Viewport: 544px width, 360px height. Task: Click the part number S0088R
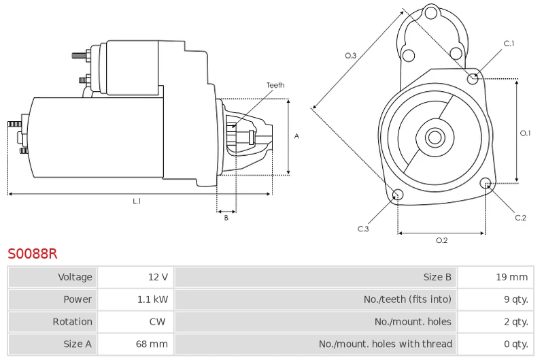pos(33,254)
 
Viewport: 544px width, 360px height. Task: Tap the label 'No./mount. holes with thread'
pos(385,344)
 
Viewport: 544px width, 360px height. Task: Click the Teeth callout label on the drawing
pos(275,85)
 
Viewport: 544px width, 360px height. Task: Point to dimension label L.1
pos(137,201)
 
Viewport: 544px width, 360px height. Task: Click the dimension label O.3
pos(351,56)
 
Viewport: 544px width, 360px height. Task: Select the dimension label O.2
pos(441,240)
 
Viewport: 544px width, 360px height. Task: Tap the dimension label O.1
pos(525,133)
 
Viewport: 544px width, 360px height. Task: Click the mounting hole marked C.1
pos(473,79)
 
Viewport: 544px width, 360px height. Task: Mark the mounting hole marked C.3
pos(398,196)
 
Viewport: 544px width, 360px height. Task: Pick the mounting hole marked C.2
pos(486,183)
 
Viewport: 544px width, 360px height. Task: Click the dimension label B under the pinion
pos(226,218)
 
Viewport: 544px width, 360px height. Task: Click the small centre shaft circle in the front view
pos(434,137)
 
